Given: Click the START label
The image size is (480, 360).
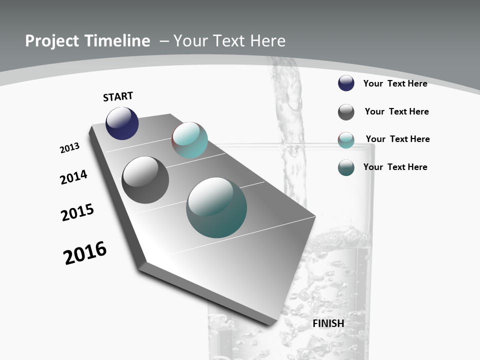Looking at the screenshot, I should click(x=118, y=96).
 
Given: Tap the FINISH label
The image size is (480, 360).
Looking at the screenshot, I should click(x=328, y=323).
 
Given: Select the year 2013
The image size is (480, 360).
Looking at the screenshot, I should click(x=70, y=148).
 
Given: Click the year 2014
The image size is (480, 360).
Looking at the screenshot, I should click(x=74, y=177).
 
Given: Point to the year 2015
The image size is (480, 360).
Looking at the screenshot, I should click(x=77, y=212).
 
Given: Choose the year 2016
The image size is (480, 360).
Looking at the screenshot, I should click(x=85, y=253).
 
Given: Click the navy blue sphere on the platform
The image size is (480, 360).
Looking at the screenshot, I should click(x=122, y=123).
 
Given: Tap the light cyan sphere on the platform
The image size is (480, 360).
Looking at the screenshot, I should click(x=190, y=140).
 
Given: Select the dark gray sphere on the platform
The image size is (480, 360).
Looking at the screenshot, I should click(x=145, y=180).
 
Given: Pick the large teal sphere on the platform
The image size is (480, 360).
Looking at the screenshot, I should click(x=216, y=207).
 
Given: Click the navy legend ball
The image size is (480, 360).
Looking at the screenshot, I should click(x=346, y=83).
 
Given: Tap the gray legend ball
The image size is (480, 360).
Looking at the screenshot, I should click(x=346, y=112).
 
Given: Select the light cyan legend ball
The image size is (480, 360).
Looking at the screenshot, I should click(x=346, y=140).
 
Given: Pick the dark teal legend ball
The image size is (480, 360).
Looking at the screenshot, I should click(x=346, y=167).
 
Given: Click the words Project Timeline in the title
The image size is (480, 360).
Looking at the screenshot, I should click(x=87, y=41).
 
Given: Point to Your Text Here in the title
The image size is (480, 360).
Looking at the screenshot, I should click(x=229, y=41).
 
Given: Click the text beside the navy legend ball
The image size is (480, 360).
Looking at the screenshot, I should click(x=395, y=83).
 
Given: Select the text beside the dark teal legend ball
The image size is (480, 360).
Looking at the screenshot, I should click(x=395, y=167).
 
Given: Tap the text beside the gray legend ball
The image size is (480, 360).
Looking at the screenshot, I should click(x=396, y=111).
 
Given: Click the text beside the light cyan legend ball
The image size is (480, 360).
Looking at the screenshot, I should click(x=397, y=139).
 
